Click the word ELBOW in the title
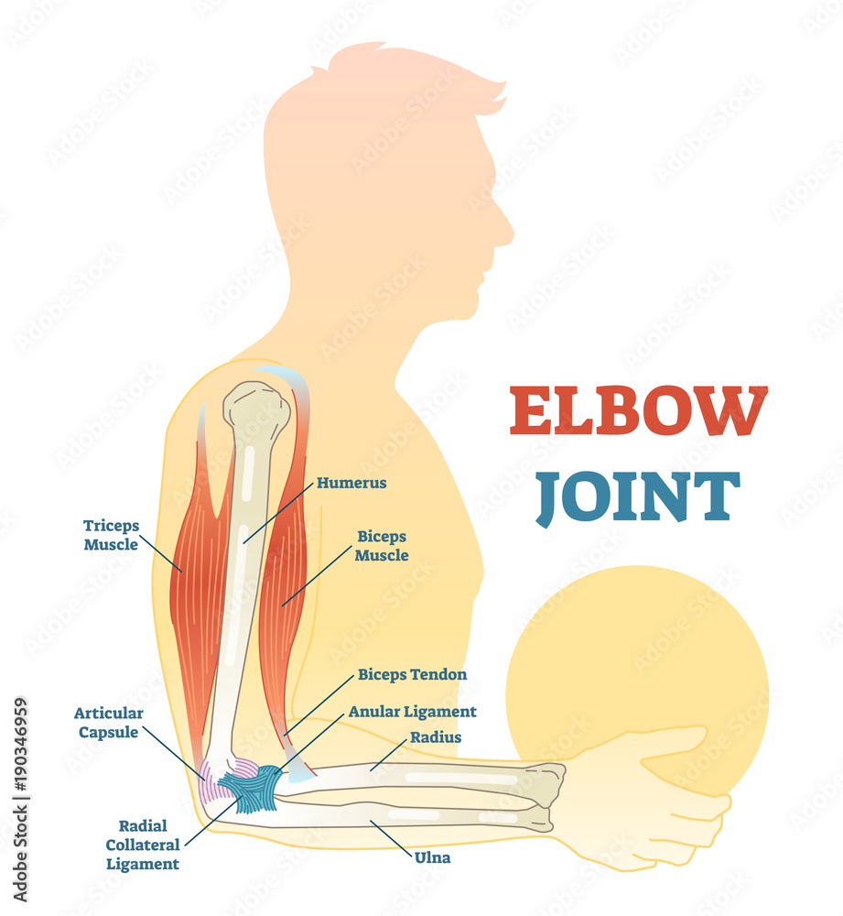pyautogui.click(x=638, y=411)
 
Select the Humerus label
pyautogui.click(x=351, y=483)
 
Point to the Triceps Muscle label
pyautogui.click(x=111, y=535)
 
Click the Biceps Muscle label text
pyautogui.click(x=382, y=545)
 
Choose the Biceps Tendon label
pyautogui.click(x=412, y=675)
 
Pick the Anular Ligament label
pyautogui.click(x=412, y=711)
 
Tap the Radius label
pyautogui.click(x=436, y=736)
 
